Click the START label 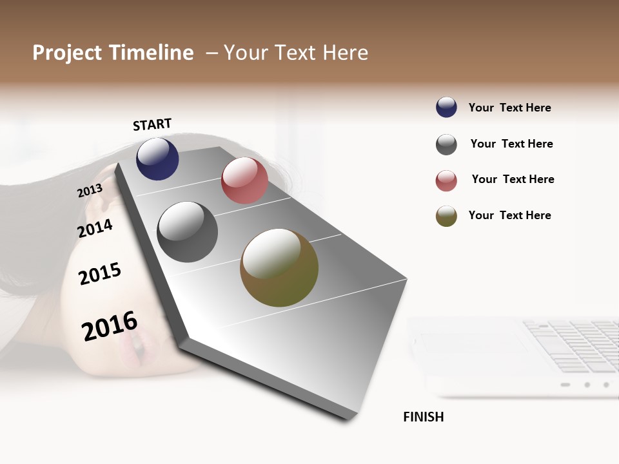click(x=152, y=124)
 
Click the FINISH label click(x=423, y=417)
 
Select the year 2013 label click(x=90, y=191)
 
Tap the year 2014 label click(x=95, y=228)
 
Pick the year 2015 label click(x=100, y=274)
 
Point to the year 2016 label click(x=110, y=325)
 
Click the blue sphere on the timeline click(x=157, y=159)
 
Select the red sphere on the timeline click(x=244, y=180)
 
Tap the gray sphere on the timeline click(x=188, y=232)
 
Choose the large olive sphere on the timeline click(x=279, y=267)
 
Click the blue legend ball click(x=446, y=108)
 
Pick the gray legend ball click(x=446, y=144)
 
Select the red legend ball click(x=446, y=180)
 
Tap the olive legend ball click(x=446, y=216)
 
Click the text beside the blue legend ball click(x=509, y=108)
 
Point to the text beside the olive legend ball click(x=509, y=215)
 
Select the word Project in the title click(x=66, y=53)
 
